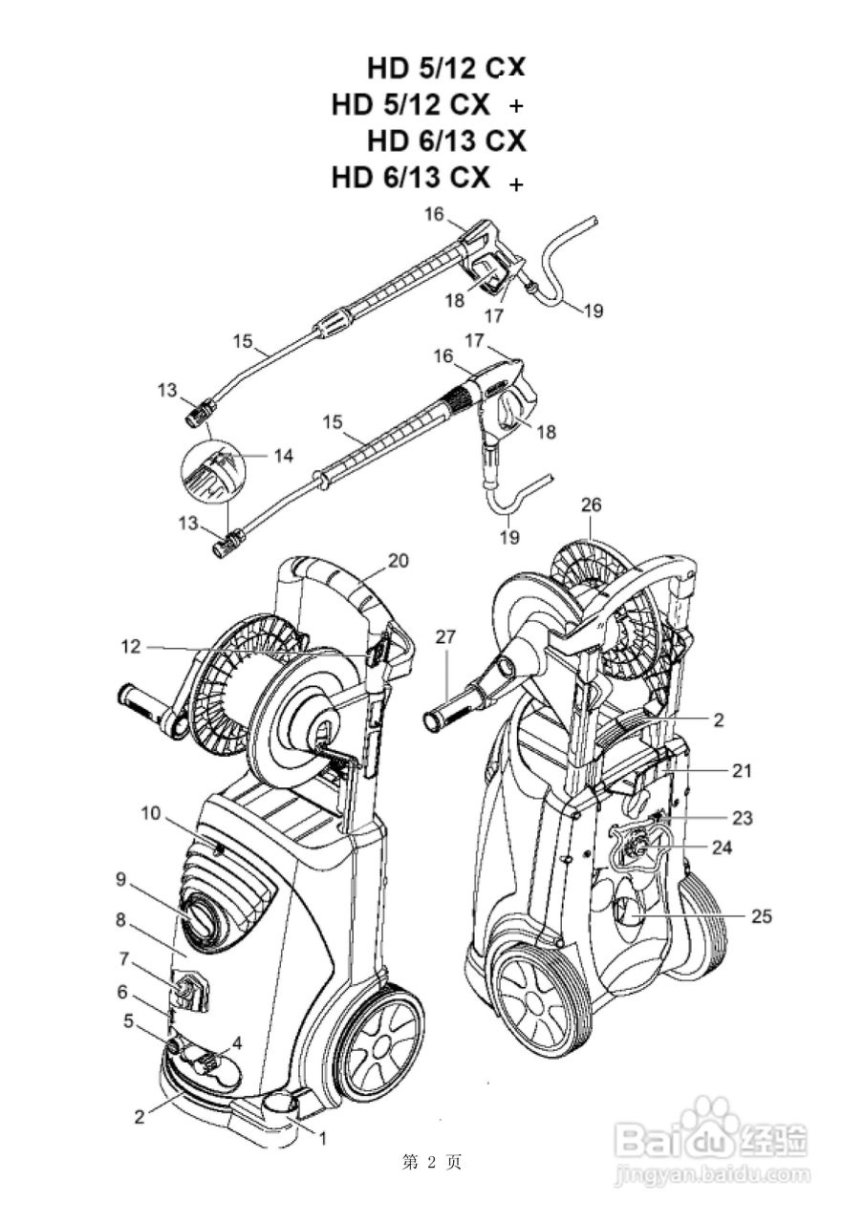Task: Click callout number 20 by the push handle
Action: coord(398,561)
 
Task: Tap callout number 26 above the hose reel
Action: coord(591,504)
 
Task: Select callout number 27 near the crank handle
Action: coord(445,637)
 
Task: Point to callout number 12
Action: coord(131,647)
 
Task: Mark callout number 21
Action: coord(741,771)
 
